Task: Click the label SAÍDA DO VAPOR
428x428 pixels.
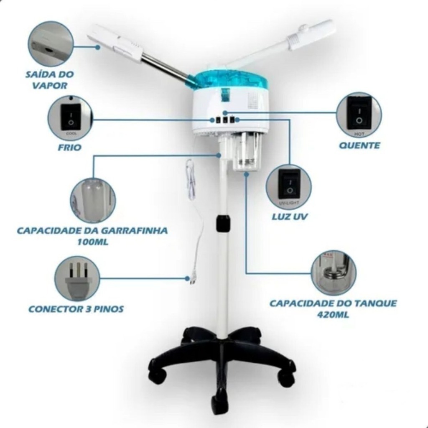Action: [49, 80]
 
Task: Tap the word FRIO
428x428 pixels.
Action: [69, 148]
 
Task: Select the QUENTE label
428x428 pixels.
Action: [359, 145]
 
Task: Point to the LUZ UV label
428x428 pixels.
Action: [290, 217]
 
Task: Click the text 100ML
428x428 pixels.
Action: [93, 242]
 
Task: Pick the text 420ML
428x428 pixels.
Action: [333, 314]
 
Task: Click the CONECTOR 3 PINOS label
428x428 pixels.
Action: [76, 309]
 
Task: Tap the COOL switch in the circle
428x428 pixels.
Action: [71, 117]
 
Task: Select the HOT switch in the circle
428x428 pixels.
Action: [359, 114]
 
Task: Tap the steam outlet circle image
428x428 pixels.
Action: [51, 43]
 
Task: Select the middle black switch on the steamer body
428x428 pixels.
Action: [225, 120]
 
